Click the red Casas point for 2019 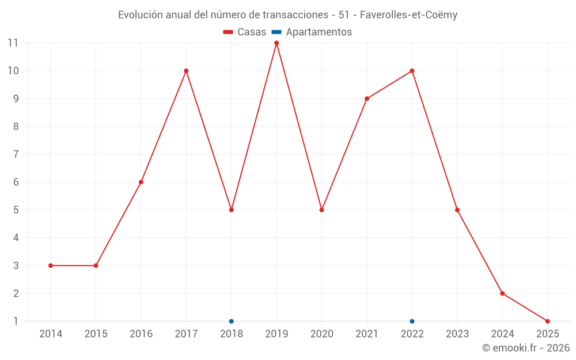point(276,43)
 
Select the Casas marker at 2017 point(186,71)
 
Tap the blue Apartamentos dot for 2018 point(232,321)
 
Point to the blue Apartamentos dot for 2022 point(412,321)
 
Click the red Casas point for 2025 point(548,321)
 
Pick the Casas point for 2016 point(141,182)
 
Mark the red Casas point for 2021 point(367,98)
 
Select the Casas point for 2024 point(502,293)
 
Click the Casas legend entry point(245,32)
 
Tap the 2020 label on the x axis point(321,334)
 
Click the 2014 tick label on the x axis point(51,334)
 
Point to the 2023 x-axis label point(457,334)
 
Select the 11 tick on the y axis point(13,43)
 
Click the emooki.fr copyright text point(526,348)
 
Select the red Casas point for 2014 point(51,266)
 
